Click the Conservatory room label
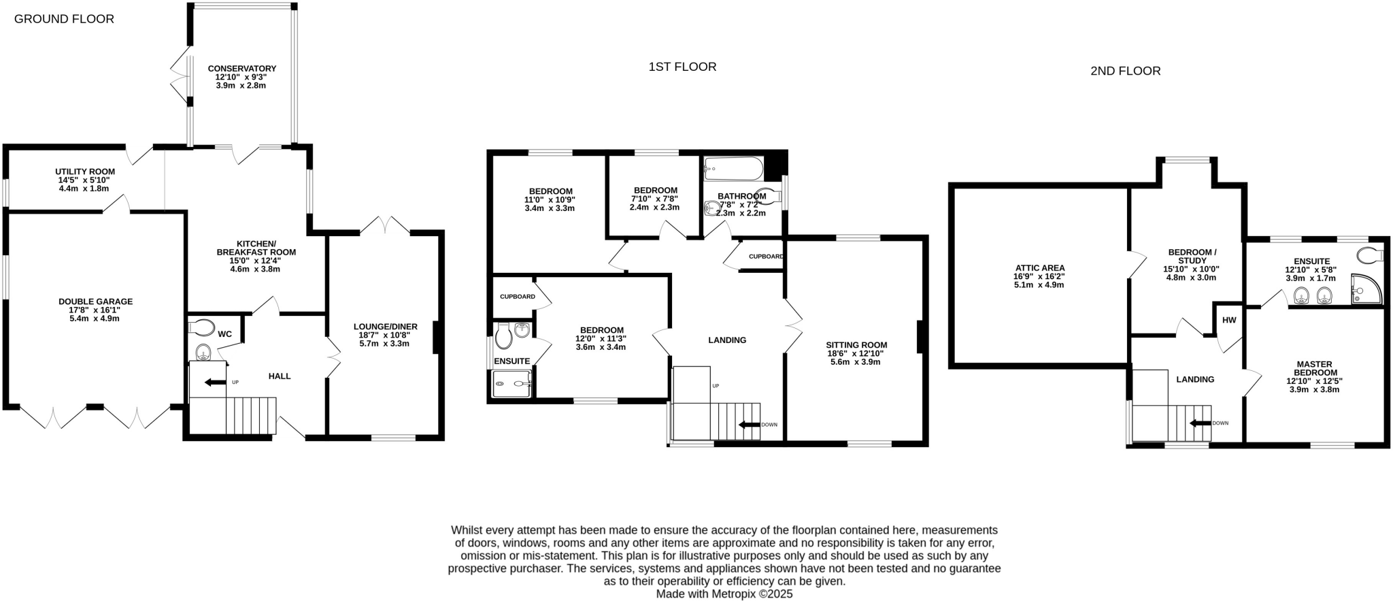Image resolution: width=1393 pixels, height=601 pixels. click(241, 69)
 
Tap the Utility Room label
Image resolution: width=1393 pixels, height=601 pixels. click(85, 172)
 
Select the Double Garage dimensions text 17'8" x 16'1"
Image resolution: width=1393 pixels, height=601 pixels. click(95, 310)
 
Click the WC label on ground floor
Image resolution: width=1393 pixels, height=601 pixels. click(225, 334)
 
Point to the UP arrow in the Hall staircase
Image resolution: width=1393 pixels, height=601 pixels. click(216, 383)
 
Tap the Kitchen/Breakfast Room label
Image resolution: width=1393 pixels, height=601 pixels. click(256, 248)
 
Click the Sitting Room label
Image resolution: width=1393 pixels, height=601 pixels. click(856, 345)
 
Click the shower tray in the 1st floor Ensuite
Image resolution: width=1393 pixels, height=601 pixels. click(511, 384)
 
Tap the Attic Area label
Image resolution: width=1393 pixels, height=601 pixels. click(1040, 268)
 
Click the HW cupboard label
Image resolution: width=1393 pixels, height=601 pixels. click(1228, 321)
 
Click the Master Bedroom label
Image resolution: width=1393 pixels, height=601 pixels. click(1314, 368)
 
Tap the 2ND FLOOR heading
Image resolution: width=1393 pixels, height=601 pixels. click(1125, 71)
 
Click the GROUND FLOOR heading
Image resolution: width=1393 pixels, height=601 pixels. click(64, 19)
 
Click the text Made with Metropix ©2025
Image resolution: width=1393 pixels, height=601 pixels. click(724, 594)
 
